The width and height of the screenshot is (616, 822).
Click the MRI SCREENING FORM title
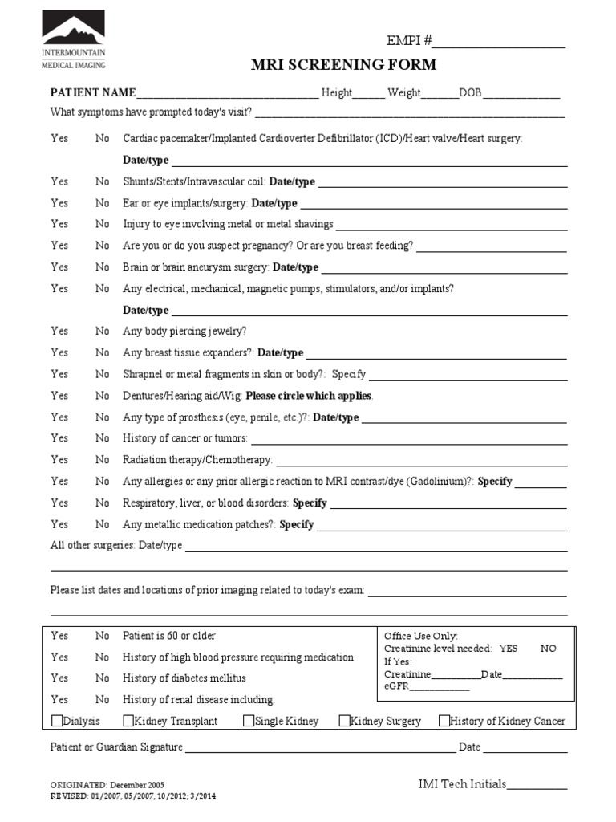tap(345, 65)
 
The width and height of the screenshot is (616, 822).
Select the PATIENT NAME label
tap(93, 93)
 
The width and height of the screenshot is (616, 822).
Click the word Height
tap(337, 93)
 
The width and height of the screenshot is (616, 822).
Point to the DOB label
tap(470, 93)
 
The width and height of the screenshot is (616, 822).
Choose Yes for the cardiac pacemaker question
tap(59, 139)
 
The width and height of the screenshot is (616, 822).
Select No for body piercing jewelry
tap(103, 331)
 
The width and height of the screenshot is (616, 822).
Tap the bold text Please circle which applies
tap(309, 396)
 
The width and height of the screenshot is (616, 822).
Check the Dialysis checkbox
tap(57, 721)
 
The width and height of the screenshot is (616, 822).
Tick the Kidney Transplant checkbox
tap(128, 721)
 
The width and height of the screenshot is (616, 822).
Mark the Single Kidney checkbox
tap(249, 721)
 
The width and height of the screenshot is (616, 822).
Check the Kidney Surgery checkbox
tap(345, 721)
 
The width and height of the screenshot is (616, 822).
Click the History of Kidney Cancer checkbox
tap(444, 721)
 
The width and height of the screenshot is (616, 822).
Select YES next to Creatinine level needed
tap(509, 649)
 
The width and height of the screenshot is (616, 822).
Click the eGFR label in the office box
tap(396, 687)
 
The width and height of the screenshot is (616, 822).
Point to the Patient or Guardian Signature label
tap(116, 747)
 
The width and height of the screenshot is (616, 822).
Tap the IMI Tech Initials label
tap(462, 783)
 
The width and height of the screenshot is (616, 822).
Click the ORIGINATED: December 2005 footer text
tap(108, 786)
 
